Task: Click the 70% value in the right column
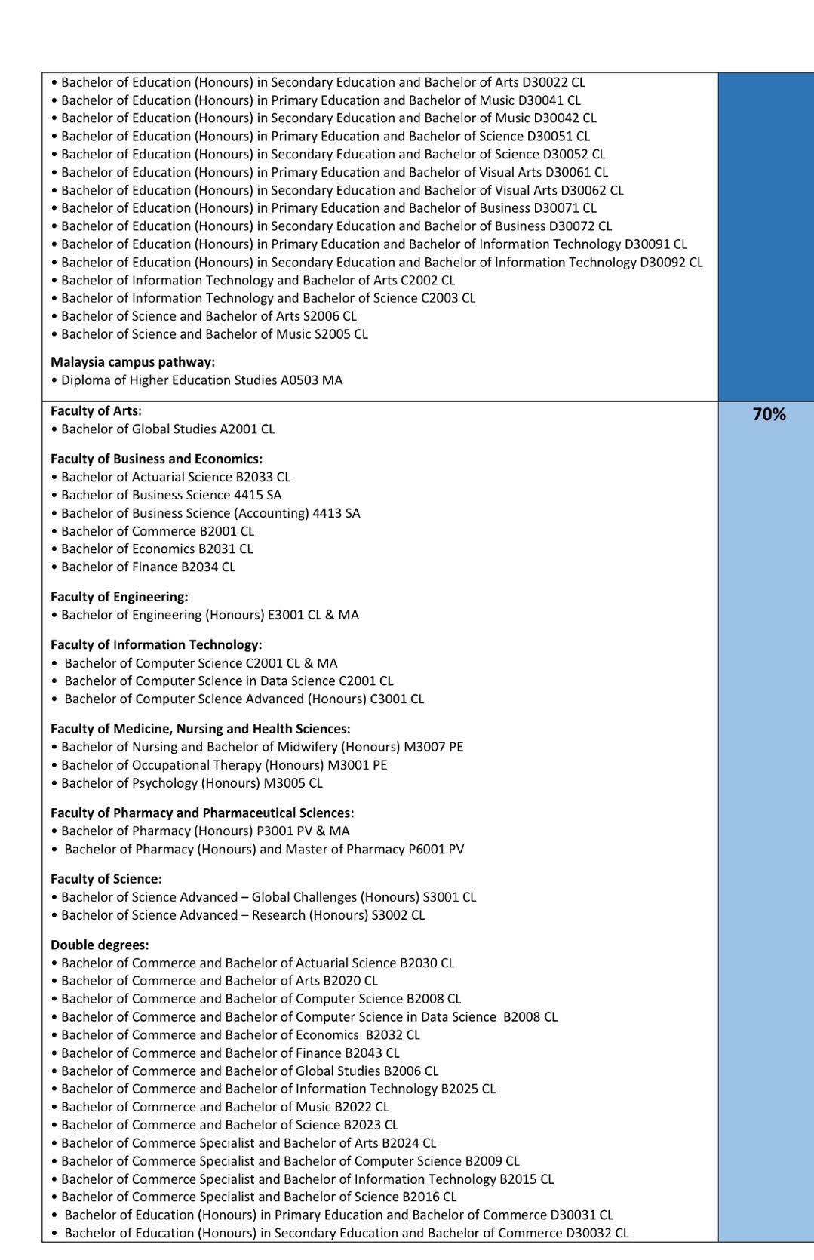[x=769, y=414]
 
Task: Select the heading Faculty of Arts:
[x=96, y=411]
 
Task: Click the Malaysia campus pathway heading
[x=133, y=362]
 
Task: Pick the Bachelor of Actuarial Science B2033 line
[x=175, y=477]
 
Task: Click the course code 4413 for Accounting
[x=326, y=513]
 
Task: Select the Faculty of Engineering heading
[x=119, y=597]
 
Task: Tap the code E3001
[x=286, y=615]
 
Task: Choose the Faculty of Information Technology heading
[x=156, y=645]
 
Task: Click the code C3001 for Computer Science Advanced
[x=389, y=699]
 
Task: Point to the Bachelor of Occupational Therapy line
[x=224, y=765]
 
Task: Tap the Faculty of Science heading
[x=106, y=879]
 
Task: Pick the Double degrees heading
[x=100, y=945]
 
